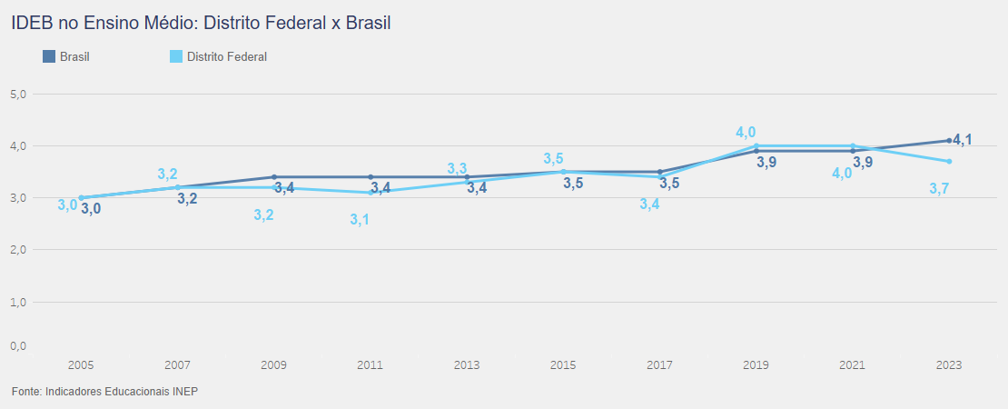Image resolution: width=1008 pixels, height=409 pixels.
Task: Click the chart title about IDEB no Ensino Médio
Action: coord(201,23)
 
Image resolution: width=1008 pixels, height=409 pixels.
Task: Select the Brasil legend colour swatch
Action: coord(49,56)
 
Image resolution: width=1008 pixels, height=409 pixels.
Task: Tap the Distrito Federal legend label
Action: coord(227,56)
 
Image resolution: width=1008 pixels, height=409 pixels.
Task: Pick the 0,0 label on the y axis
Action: coord(18,346)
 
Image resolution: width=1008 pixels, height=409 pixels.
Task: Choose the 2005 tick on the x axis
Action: coord(81,365)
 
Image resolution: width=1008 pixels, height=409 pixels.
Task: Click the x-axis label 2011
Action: coord(371,365)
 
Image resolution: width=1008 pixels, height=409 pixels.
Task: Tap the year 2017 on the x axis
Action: coord(659,365)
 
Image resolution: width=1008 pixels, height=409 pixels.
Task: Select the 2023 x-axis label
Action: coord(949,365)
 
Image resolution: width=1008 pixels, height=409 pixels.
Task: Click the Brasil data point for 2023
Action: coord(949,140)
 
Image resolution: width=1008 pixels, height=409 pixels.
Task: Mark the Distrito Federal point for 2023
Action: coord(949,161)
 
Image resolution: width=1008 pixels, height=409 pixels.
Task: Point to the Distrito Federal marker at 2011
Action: coord(371,193)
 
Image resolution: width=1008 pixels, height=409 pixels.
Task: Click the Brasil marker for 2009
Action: coord(274,177)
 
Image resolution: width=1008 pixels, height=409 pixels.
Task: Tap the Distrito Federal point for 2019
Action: coord(756,145)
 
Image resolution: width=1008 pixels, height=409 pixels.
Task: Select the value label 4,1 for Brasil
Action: coord(964,140)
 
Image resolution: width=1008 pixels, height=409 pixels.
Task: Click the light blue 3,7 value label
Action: coord(939,189)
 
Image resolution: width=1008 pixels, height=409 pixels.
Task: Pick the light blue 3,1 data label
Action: coord(360,220)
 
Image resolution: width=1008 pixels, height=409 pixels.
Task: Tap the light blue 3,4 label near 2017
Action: coord(649,204)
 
